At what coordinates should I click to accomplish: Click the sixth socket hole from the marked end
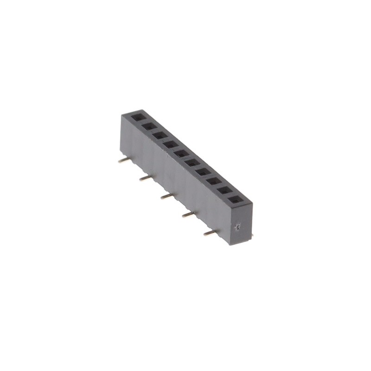pos(181,154)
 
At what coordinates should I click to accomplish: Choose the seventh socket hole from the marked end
pos(170,144)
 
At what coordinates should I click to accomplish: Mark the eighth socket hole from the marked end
pos(160,135)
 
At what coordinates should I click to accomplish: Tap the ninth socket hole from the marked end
pos(148,126)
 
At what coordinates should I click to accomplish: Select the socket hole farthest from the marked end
pos(138,117)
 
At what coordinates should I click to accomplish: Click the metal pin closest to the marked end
pos(210,233)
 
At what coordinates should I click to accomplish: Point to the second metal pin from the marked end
pos(189,214)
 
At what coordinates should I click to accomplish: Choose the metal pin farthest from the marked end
pos(123,160)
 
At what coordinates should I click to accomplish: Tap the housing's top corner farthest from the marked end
pos(122,115)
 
